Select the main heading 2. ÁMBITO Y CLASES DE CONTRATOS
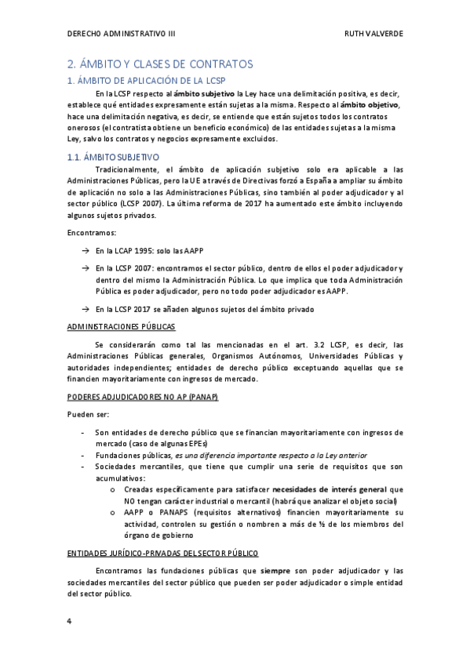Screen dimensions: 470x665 point(159,64)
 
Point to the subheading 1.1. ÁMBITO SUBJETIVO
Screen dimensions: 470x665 point(114,157)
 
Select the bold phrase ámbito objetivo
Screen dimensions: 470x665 point(370,105)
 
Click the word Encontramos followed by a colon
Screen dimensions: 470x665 point(92,234)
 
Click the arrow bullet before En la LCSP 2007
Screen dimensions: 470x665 point(85,268)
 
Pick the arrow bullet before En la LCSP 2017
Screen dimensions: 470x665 point(85,309)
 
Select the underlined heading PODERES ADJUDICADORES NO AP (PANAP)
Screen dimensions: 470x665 point(142,396)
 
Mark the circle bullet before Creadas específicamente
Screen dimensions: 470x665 point(116,489)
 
